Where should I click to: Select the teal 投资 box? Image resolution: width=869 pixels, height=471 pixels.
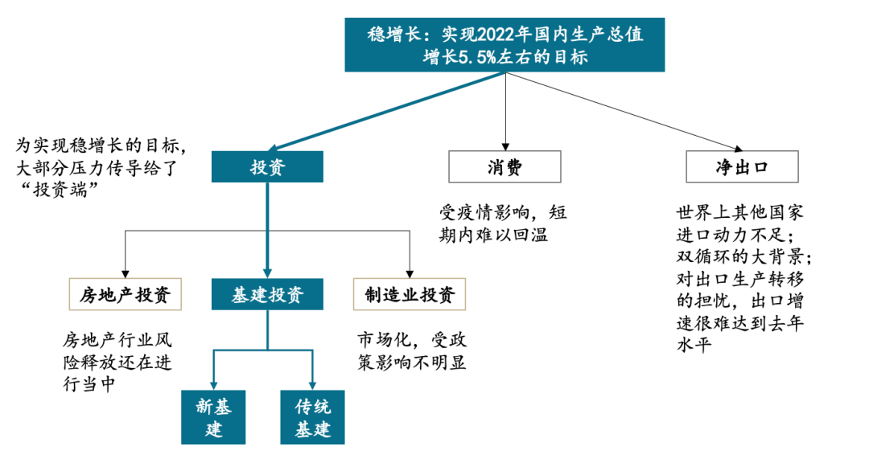click(268, 167)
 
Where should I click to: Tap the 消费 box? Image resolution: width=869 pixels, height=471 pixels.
click(505, 167)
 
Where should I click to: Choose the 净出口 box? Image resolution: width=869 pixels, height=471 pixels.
click(742, 167)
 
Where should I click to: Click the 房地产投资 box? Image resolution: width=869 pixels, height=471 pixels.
click(125, 295)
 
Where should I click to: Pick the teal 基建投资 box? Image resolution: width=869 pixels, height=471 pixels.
click(268, 295)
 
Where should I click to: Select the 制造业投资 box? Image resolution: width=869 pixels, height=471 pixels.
click(410, 295)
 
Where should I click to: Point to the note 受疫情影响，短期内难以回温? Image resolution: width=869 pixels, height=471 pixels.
click(503, 223)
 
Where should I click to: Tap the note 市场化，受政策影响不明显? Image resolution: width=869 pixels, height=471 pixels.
click(411, 350)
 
